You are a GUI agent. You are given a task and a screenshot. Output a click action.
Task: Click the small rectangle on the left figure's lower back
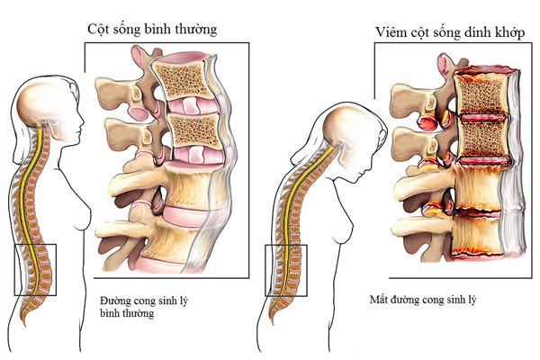[x=36, y=268]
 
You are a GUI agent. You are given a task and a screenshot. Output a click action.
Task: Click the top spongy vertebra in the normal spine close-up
[x=184, y=76]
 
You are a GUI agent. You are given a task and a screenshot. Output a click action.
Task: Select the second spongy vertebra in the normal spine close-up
[x=189, y=129]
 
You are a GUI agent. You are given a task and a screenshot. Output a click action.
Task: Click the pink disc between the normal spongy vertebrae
[x=187, y=103]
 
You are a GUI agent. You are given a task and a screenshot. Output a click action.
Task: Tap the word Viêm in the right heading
[x=389, y=33]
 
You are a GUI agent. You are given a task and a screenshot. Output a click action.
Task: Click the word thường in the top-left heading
[x=196, y=31]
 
